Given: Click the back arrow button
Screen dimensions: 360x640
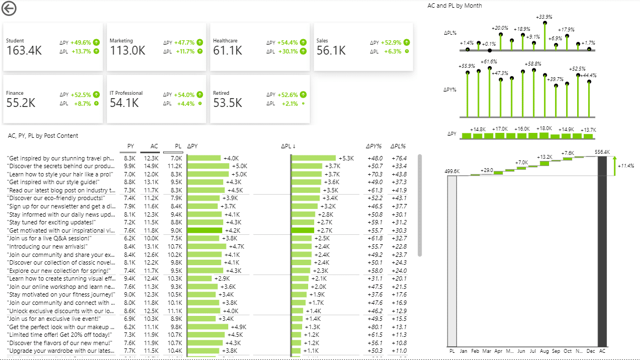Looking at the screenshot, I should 9,8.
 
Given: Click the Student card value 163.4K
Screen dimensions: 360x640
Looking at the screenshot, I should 24,51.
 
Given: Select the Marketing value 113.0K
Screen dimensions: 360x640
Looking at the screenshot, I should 127,51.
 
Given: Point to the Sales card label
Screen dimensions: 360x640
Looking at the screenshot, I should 322,41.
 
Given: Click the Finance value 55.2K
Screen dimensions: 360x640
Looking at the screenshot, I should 21,103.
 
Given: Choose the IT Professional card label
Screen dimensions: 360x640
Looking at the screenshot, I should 126,93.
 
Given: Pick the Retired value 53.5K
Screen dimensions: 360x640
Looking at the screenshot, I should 228,103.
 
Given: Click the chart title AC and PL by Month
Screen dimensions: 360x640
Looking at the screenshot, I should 454,6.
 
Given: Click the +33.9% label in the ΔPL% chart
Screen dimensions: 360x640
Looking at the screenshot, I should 544,17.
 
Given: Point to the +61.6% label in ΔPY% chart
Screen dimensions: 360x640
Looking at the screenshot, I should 488,62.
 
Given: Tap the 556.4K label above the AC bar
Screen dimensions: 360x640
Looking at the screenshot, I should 602,152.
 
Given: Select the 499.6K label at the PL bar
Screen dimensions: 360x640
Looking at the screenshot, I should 452,171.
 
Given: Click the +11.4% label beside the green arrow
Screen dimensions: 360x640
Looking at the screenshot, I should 625,165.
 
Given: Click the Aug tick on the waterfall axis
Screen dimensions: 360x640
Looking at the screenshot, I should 545,351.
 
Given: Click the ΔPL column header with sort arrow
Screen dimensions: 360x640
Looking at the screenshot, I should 288,147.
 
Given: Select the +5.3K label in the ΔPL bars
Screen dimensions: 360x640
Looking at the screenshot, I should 346,158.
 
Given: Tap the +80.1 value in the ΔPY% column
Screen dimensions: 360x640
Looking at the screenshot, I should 375,326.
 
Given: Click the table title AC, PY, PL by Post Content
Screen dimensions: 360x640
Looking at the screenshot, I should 43,136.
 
